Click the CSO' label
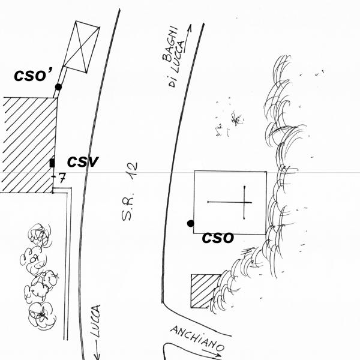[x=34, y=76]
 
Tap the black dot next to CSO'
[x=58, y=87]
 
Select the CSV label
[x=83, y=161]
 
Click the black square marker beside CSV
[x=52, y=163]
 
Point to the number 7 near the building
[x=62, y=178]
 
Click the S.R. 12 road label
[x=130, y=191]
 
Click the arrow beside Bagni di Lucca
[x=188, y=38]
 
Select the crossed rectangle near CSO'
[x=81, y=47]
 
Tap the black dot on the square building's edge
[x=191, y=223]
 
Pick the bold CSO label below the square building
[x=218, y=238]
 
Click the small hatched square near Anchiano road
[x=204, y=291]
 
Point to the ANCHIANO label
[x=197, y=338]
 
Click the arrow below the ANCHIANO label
[x=212, y=353]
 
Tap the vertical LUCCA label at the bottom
[x=95, y=321]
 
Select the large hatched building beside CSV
[x=28, y=145]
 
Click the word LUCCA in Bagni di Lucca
[x=178, y=56]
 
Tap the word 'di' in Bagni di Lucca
[x=172, y=82]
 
